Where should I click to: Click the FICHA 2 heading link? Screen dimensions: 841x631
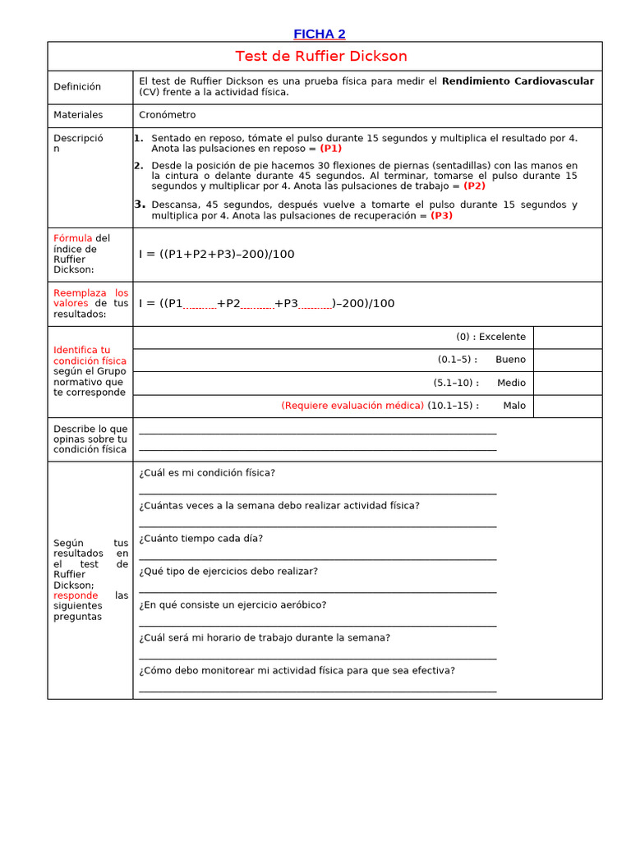tap(320, 34)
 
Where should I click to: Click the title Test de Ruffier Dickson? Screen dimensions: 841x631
tap(321, 57)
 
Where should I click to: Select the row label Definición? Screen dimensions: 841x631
tap(77, 87)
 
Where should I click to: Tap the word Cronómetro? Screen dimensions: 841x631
tap(168, 116)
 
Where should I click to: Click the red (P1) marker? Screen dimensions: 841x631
tap(331, 149)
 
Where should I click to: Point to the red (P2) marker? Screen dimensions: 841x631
tap(474, 186)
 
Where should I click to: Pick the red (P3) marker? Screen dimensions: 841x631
tap(441, 215)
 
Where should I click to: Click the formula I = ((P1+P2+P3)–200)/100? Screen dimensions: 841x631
tap(217, 255)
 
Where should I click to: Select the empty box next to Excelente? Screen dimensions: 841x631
tap(567, 337)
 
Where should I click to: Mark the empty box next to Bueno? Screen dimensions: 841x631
tap(567, 360)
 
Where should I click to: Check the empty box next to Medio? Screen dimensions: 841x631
tap(567, 383)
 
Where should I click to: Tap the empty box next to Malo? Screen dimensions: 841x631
tap(567, 406)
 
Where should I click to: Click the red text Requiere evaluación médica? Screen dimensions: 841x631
tap(352, 406)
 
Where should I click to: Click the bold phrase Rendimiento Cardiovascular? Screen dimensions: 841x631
tap(518, 81)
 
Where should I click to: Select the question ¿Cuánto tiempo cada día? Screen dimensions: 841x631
tap(201, 539)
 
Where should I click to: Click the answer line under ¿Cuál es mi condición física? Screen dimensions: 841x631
tap(317, 492)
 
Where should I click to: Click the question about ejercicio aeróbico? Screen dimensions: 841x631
tap(233, 604)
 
